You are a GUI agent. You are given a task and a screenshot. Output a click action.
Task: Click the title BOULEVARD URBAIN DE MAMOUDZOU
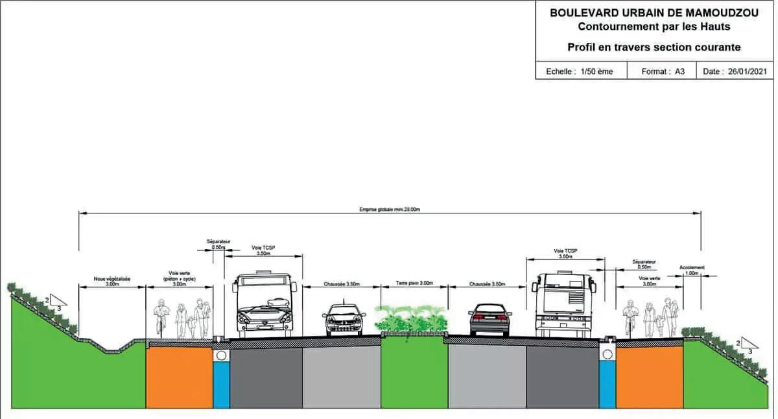(655, 12)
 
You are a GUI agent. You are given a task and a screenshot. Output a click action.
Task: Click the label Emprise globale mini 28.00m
(390, 209)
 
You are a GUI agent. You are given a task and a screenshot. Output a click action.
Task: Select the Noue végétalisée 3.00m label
(112, 281)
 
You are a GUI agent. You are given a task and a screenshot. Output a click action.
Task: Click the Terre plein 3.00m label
(414, 283)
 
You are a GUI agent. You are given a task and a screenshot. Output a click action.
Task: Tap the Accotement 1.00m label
(692, 270)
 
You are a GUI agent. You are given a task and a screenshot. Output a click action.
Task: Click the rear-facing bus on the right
(563, 304)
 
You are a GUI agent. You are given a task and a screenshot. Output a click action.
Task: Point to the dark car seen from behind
(489, 319)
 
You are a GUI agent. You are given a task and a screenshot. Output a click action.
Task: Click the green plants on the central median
(412, 319)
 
